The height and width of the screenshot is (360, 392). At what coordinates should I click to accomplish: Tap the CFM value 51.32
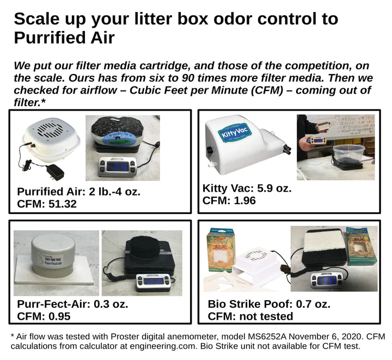[x=60, y=204]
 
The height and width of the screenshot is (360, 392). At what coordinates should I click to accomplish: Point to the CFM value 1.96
[x=243, y=200]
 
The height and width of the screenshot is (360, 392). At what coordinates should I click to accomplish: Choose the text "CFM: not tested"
[x=250, y=316]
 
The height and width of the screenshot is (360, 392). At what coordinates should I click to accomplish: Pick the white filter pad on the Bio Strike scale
[x=320, y=243]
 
